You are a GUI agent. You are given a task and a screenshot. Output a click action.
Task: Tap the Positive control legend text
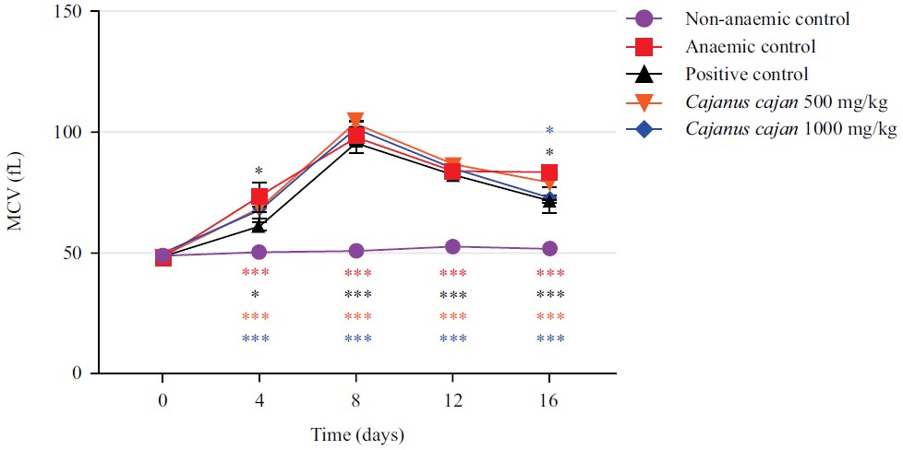coord(747,74)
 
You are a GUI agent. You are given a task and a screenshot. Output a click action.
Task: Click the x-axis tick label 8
coord(355,403)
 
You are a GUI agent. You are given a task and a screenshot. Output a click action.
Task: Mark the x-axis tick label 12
coord(452,403)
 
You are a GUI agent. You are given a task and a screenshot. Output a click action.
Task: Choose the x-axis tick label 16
coord(549,403)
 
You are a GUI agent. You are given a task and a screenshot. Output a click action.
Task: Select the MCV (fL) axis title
coord(16,193)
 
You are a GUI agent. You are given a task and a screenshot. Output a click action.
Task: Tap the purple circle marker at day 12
coord(452,247)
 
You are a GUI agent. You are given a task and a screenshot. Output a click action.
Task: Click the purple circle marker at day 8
coord(355,251)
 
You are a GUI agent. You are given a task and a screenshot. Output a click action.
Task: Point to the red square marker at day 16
coord(549,172)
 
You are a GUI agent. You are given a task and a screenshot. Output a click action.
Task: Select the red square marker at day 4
coord(259,196)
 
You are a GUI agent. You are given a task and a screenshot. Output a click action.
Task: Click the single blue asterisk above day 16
coord(549,131)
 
